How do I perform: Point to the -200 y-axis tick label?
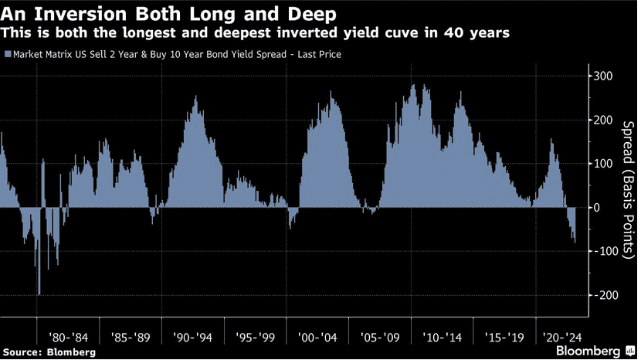pos(605,295)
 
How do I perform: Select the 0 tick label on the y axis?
pos(598,207)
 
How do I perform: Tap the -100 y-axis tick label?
pos(605,251)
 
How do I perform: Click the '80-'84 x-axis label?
pos(68,338)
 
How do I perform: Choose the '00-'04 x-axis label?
pos(317,338)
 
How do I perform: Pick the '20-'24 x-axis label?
pos(562,338)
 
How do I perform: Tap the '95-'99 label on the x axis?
pos(255,338)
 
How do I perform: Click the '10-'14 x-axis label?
pos(442,338)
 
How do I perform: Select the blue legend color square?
pos(8,54)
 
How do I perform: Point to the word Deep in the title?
pos(312,15)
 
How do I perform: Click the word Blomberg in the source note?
pos(71,352)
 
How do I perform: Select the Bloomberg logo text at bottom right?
pos(588,351)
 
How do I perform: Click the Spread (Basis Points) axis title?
pos(627,189)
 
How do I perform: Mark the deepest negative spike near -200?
pos(39,294)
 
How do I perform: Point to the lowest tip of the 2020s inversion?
pos(575,243)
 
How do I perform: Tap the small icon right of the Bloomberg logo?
pos(630,351)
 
